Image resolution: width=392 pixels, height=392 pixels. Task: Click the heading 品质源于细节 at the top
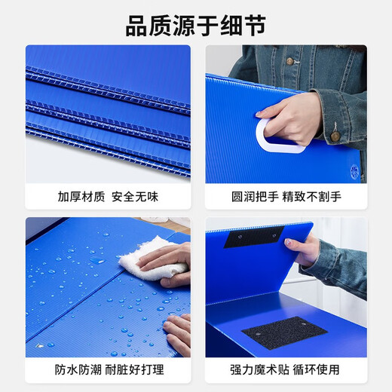click(195, 26)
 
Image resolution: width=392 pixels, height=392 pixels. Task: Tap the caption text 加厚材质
click(81, 197)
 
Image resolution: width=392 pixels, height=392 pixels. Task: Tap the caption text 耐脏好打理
click(136, 370)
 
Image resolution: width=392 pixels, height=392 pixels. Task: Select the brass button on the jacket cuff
click(336, 136)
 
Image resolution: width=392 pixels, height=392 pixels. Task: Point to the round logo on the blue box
click(355, 170)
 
